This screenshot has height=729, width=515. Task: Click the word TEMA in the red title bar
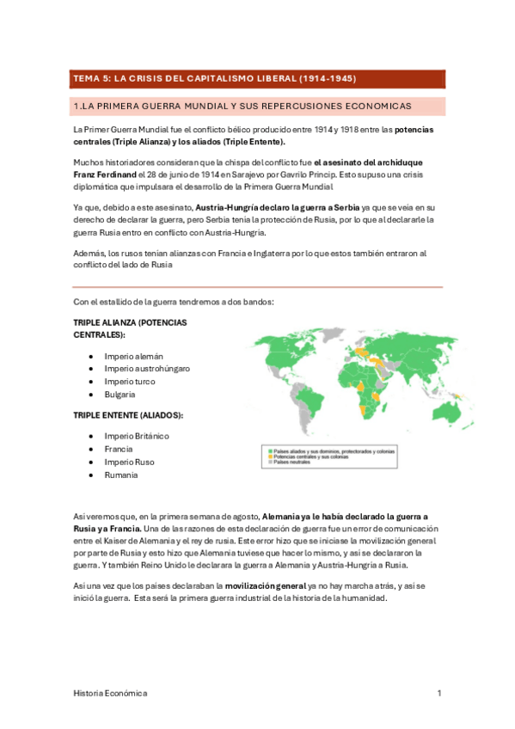85,78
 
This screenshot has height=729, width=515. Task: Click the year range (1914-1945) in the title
328,78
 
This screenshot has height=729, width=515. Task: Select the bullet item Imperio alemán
133,356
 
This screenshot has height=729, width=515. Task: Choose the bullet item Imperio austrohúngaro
147,368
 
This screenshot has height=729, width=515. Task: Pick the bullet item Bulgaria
120,394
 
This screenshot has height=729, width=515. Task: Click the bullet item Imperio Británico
137,436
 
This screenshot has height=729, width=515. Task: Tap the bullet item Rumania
120,475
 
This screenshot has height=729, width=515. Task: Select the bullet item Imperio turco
129,381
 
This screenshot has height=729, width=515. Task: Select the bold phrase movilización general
263,585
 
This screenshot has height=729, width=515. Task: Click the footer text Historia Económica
109,693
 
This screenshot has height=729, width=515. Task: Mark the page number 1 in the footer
438,693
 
